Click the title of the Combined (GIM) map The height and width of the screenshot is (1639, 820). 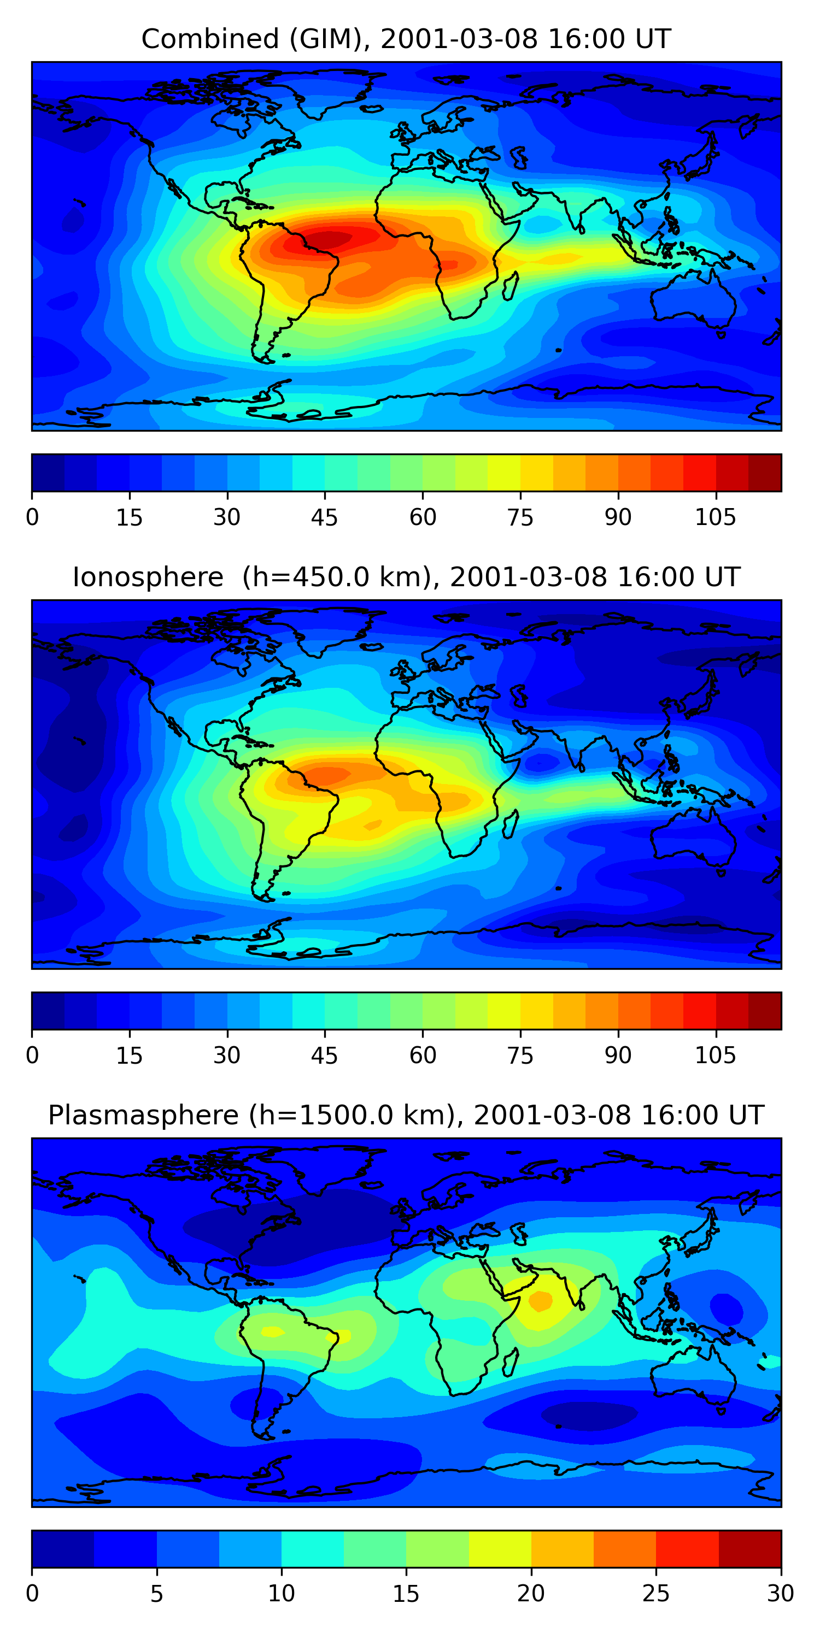pos(406,39)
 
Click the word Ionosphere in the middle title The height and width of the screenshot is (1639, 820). pos(148,577)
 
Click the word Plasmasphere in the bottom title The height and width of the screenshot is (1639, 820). pos(143,1116)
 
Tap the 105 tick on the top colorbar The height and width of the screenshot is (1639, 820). pos(715,517)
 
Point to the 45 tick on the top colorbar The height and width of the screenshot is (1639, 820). pos(324,517)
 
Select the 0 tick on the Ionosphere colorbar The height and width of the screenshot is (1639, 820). pos(32,1055)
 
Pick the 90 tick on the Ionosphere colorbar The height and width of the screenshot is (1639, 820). pos(618,1055)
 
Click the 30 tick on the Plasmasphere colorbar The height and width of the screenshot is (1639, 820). pos(780,1593)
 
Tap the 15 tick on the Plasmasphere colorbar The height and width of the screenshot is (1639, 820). pos(406,1593)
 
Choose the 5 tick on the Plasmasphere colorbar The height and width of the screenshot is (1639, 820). pos(156,1593)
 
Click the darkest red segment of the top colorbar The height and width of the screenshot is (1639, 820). pos(765,473)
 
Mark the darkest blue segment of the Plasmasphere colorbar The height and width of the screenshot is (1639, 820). pos(63,1549)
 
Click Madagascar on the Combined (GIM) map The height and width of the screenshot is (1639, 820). pos(511,286)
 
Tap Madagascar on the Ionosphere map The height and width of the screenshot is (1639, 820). pos(511,824)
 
